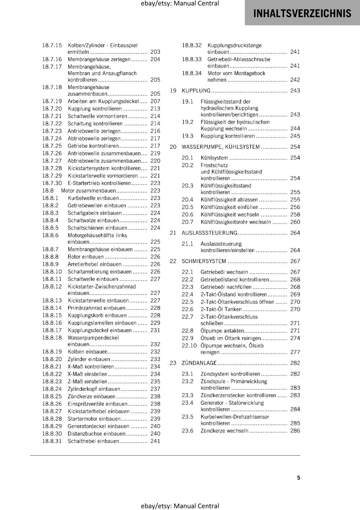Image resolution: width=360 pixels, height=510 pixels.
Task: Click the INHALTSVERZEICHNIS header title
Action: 302,13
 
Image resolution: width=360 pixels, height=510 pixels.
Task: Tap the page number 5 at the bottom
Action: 299,477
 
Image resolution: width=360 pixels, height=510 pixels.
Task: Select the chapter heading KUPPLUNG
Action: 196,91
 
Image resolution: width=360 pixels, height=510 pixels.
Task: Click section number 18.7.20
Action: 52,109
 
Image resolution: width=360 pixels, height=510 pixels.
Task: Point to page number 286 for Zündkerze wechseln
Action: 295,431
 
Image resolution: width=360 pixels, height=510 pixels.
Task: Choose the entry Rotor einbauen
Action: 85,257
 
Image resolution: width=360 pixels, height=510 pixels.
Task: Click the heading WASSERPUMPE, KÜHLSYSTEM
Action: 220,147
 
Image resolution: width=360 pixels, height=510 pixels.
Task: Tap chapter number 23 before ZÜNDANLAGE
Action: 173,363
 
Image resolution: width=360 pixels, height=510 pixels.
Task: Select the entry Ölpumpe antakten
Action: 222,331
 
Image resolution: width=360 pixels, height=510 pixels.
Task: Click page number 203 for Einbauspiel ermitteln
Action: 155,52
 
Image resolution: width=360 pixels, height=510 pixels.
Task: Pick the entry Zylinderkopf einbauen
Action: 94,389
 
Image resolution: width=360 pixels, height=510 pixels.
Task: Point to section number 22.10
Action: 189,346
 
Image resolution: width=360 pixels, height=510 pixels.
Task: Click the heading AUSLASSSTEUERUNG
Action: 209,233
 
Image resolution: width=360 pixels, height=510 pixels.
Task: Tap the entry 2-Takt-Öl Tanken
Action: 221,309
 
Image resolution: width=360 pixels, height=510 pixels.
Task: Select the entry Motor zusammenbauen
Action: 88,191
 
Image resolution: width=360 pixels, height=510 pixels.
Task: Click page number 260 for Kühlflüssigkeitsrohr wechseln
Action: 295,222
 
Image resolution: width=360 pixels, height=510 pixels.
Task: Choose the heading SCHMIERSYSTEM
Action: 204,261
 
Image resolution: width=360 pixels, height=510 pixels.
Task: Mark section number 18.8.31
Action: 52,441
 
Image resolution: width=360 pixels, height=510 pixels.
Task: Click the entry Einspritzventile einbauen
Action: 97,404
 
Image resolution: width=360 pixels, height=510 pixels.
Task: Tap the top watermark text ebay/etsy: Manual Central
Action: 180,4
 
